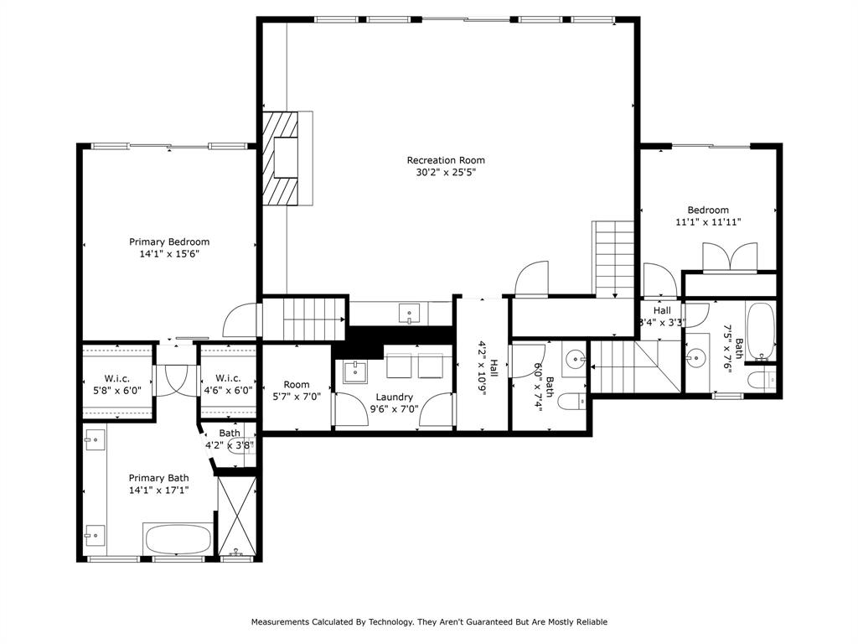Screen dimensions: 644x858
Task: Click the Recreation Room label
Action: point(446,160)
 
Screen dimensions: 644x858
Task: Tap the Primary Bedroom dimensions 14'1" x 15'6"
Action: point(169,253)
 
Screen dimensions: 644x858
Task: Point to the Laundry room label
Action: point(394,397)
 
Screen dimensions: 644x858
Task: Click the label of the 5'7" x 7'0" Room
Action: point(297,385)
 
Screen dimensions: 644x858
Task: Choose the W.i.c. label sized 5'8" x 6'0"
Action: point(117,378)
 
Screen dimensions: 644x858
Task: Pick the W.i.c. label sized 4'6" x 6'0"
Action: point(229,378)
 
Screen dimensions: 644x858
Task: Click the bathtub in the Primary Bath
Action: point(178,538)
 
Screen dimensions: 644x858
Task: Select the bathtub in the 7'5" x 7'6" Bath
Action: point(760,329)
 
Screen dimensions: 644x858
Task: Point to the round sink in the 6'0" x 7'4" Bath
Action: point(574,360)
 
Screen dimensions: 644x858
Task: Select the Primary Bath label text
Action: point(158,478)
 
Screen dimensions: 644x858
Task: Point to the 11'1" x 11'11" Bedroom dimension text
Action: point(708,222)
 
